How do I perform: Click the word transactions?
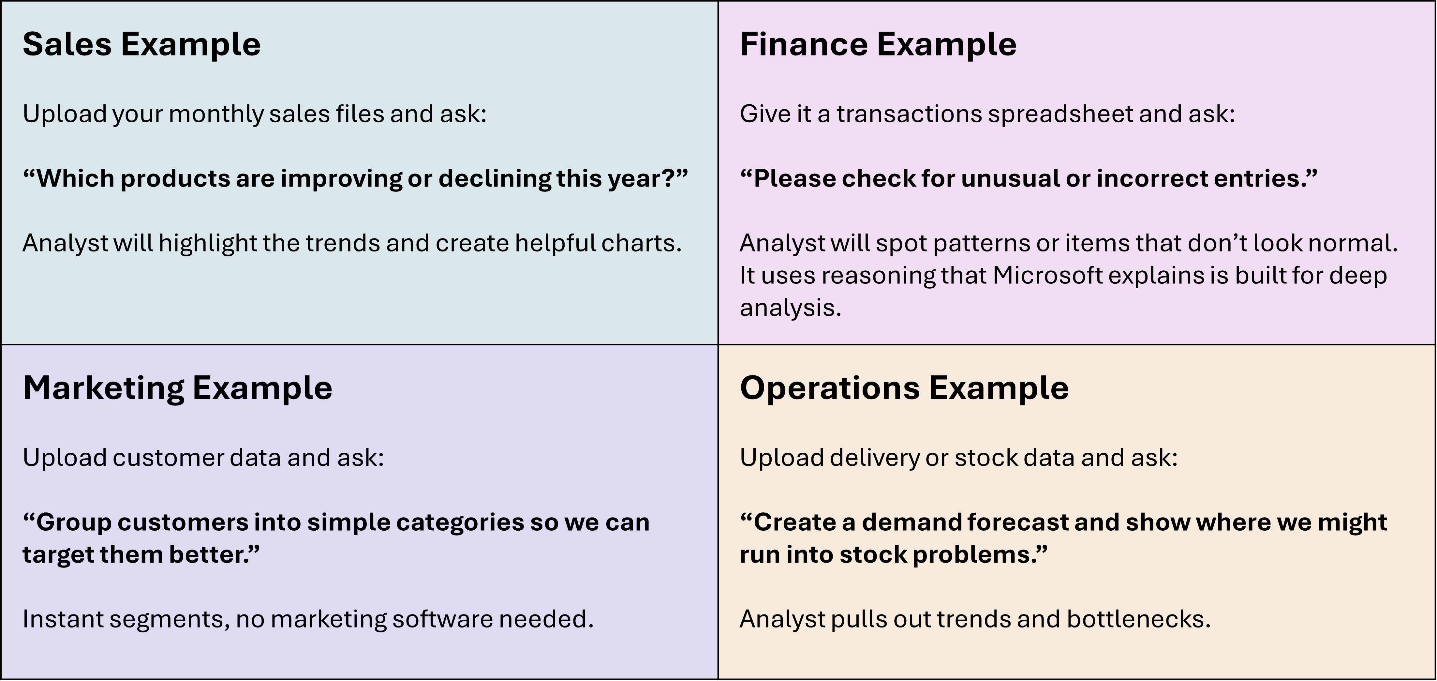(909, 114)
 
